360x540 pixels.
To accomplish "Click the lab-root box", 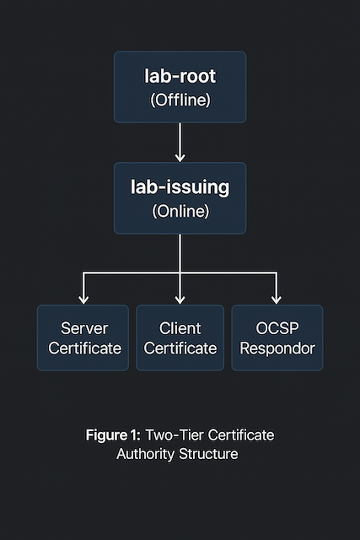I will tap(180, 87).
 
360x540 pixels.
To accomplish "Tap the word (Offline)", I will tap(180, 100).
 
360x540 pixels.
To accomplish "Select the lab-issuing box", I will tap(180, 197).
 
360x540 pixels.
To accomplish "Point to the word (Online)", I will tap(180, 211).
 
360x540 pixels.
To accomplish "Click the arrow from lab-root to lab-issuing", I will tap(180, 142).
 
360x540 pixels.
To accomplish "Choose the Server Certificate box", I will tap(83, 337).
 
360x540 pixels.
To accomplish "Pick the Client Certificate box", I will tap(180, 337).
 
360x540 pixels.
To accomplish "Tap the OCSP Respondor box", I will tap(277, 337).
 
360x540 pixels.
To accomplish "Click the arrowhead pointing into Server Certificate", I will tap(83, 299).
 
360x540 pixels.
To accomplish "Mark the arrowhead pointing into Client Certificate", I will tap(180, 299).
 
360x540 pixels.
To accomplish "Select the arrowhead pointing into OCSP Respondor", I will tap(277, 299).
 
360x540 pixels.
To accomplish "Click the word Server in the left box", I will tap(83, 327).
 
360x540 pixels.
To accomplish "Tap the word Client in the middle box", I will tap(180, 327).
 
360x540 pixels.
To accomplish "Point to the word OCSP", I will tap(277, 327).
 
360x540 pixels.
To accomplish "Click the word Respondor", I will tap(277, 348).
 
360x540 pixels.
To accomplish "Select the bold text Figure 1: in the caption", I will tap(113, 435).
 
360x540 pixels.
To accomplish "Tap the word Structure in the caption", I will tap(209, 454).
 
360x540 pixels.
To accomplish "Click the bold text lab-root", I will tap(180, 76).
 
